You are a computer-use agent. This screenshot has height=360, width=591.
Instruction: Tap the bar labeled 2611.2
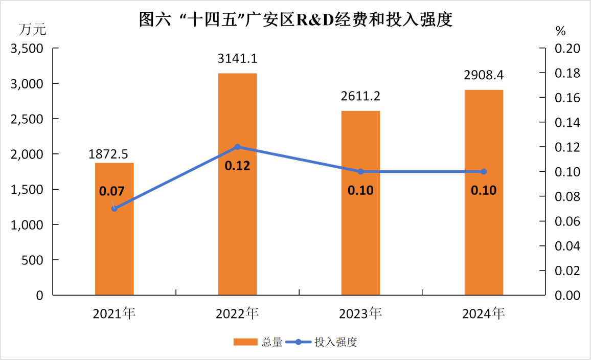click(360, 230)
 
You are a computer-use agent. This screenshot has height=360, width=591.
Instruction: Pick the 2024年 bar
click(484, 215)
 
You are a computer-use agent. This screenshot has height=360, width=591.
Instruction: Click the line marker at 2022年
click(237, 147)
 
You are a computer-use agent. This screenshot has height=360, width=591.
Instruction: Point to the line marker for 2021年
click(115, 209)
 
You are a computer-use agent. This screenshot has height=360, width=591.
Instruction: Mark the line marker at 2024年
click(484, 171)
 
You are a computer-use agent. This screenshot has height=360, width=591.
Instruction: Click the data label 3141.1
click(237, 59)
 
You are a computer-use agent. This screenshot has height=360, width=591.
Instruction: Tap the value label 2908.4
click(484, 76)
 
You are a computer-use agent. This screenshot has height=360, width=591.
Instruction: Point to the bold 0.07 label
click(112, 192)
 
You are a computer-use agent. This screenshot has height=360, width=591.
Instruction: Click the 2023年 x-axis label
click(360, 313)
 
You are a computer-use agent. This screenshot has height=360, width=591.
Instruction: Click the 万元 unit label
click(33, 30)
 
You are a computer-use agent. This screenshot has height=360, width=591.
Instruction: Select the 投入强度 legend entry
click(335, 342)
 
